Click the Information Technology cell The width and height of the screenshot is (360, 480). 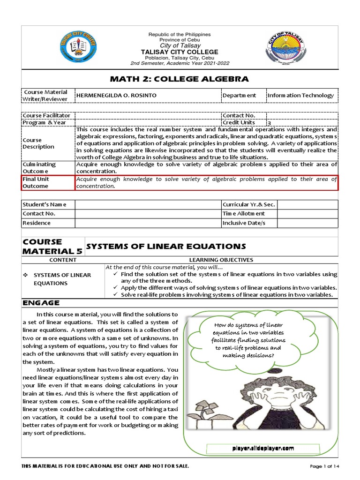(300, 95)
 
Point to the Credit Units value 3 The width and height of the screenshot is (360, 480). (269, 123)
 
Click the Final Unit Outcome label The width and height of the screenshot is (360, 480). (36, 182)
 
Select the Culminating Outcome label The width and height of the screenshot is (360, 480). (39, 168)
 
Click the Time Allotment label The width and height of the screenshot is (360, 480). (243, 213)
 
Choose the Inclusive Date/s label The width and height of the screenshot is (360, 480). (243, 223)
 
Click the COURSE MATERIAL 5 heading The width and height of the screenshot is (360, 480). (52, 246)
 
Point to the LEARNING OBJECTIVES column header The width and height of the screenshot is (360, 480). (221, 260)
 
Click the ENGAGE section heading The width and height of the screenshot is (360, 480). (41, 303)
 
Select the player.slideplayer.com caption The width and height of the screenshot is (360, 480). (263, 449)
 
